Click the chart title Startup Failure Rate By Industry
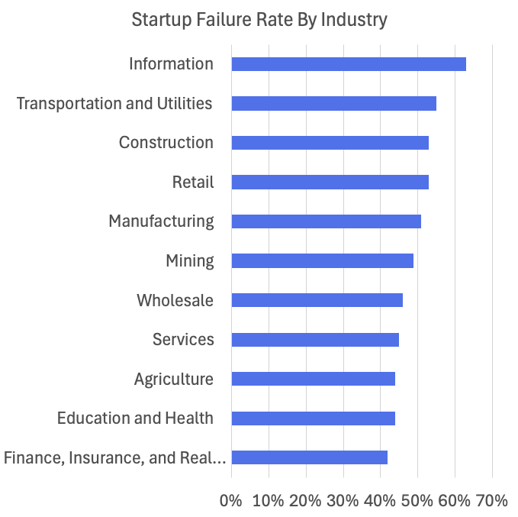(259, 20)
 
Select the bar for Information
(348, 64)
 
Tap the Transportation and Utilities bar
(333, 103)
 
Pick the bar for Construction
(330, 143)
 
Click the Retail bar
(330, 182)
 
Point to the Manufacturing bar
(326, 221)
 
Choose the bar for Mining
(322, 260)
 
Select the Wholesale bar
(317, 300)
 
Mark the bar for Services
(314, 340)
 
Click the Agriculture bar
(313, 379)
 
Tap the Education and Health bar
(313, 418)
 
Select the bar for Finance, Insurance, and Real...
(309, 457)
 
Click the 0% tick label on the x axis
(231, 501)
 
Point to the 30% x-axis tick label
(343, 501)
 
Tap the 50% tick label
(417, 501)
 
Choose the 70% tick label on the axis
(492, 501)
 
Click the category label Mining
(190, 261)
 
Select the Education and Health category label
(135, 418)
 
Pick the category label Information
(171, 64)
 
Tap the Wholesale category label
(175, 300)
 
